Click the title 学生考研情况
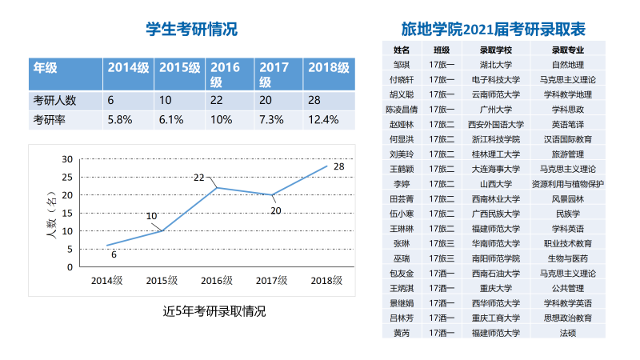click(192, 30)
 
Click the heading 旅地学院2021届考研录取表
click(494, 30)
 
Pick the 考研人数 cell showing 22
click(217, 100)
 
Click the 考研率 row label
click(49, 120)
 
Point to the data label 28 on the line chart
click(338, 166)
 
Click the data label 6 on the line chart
click(114, 254)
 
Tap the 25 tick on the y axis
click(67, 177)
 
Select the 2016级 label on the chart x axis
click(216, 281)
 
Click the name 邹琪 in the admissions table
click(402, 65)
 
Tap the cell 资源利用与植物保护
click(568, 184)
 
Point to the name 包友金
click(402, 274)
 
